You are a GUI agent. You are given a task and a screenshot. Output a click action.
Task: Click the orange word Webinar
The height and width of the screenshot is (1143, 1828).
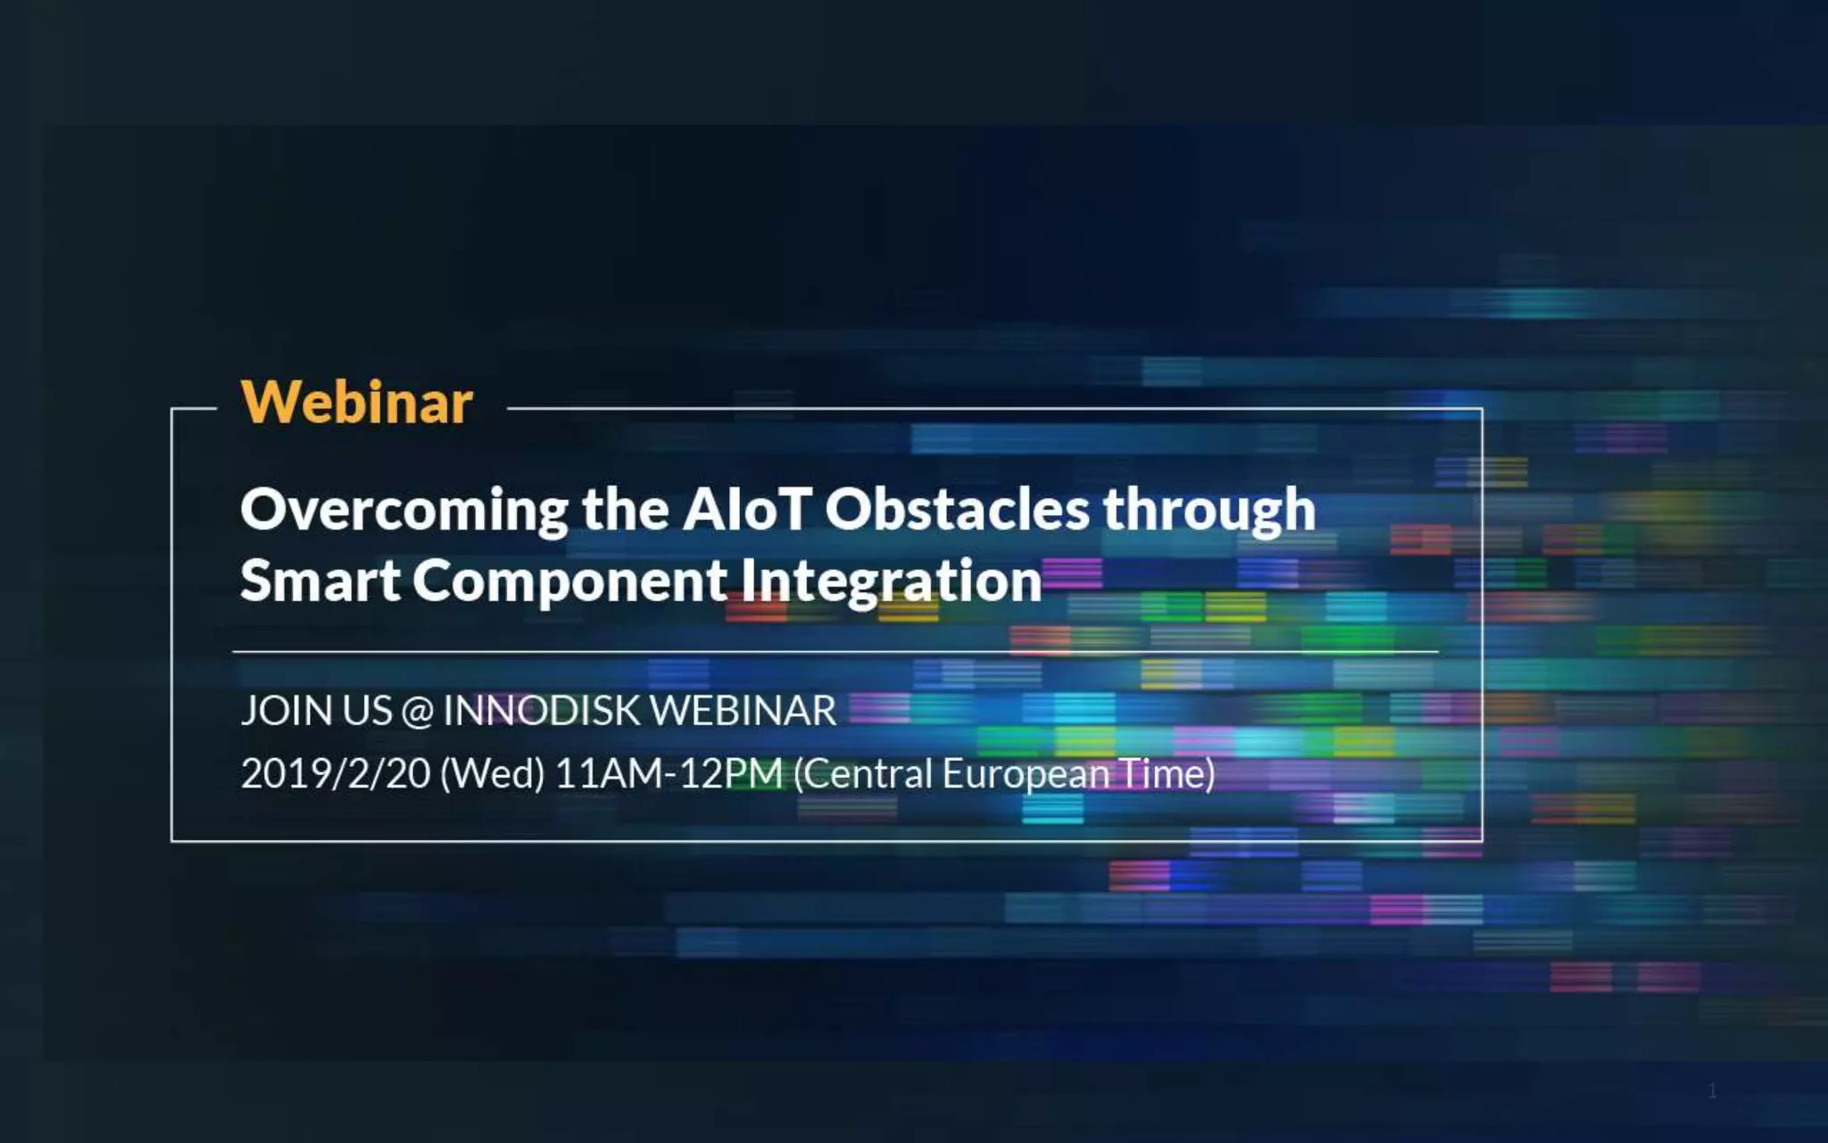(357, 403)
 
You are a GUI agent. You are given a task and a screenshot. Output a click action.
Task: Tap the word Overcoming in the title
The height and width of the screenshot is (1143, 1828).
(403, 511)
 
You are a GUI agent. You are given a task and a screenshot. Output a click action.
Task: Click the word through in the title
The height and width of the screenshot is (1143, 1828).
(1209, 511)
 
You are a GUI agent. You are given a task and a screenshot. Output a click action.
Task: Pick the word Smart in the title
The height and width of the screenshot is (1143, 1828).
(320, 580)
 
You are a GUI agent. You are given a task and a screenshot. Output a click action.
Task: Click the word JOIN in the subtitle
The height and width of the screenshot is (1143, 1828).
(287, 711)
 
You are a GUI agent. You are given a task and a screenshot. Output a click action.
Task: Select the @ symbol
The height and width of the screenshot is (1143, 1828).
(418, 712)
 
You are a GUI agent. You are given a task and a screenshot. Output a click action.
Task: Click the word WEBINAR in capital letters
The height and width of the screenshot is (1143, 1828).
(744, 711)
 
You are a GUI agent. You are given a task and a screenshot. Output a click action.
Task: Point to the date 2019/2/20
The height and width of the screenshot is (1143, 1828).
(336, 773)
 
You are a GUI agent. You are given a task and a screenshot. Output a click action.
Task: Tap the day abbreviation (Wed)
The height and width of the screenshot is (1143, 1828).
(492, 773)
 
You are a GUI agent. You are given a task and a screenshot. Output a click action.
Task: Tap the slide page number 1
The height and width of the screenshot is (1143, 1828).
(1712, 1090)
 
